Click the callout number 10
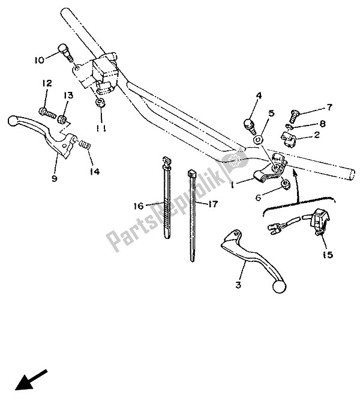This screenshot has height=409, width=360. [x=39, y=60]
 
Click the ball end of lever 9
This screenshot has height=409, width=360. [x=14, y=121]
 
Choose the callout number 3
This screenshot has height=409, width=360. [x=238, y=285]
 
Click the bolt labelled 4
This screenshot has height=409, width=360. [x=248, y=124]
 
